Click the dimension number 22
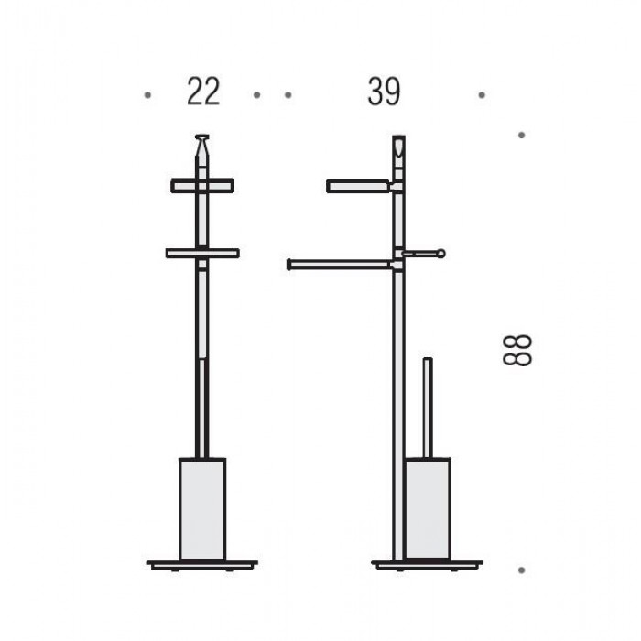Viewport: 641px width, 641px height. pos(203,92)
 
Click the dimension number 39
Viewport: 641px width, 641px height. pos(384,92)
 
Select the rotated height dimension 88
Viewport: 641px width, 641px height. pos(517,350)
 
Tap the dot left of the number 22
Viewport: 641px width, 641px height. pos(147,95)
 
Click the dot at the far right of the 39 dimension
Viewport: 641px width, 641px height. pos(482,95)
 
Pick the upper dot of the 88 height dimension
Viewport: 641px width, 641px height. pos(521,135)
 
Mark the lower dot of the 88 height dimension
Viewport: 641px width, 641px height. pos(521,570)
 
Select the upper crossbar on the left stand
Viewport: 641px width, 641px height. pos(202,186)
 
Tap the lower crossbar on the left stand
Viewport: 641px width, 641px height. pos(202,254)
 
